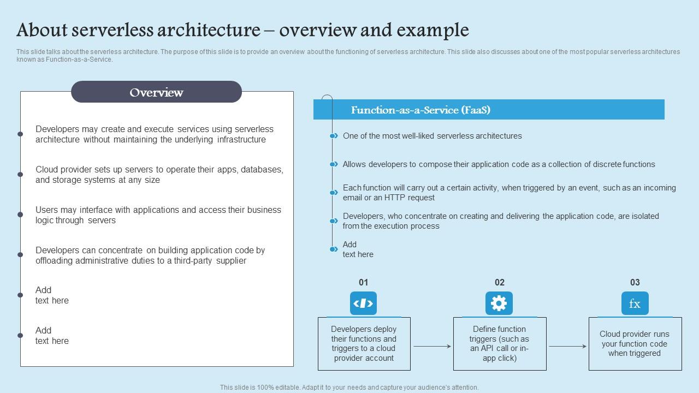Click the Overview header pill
click(x=156, y=92)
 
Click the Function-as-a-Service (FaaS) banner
click(x=489, y=110)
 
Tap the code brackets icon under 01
click(x=363, y=303)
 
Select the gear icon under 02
click(x=499, y=303)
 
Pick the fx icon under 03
click(x=635, y=303)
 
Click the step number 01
click(x=363, y=282)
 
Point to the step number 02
click(x=499, y=282)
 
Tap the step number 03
click(x=635, y=282)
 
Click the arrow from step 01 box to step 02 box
click(x=432, y=346)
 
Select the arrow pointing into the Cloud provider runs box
click(x=567, y=346)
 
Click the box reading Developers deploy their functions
click(x=364, y=344)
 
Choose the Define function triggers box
click(x=499, y=344)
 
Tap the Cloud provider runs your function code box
click(x=635, y=344)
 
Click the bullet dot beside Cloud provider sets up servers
click(x=20, y=175)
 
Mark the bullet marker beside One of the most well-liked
click(x=333, y=136)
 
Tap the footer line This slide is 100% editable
click(x=349, y=388)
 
